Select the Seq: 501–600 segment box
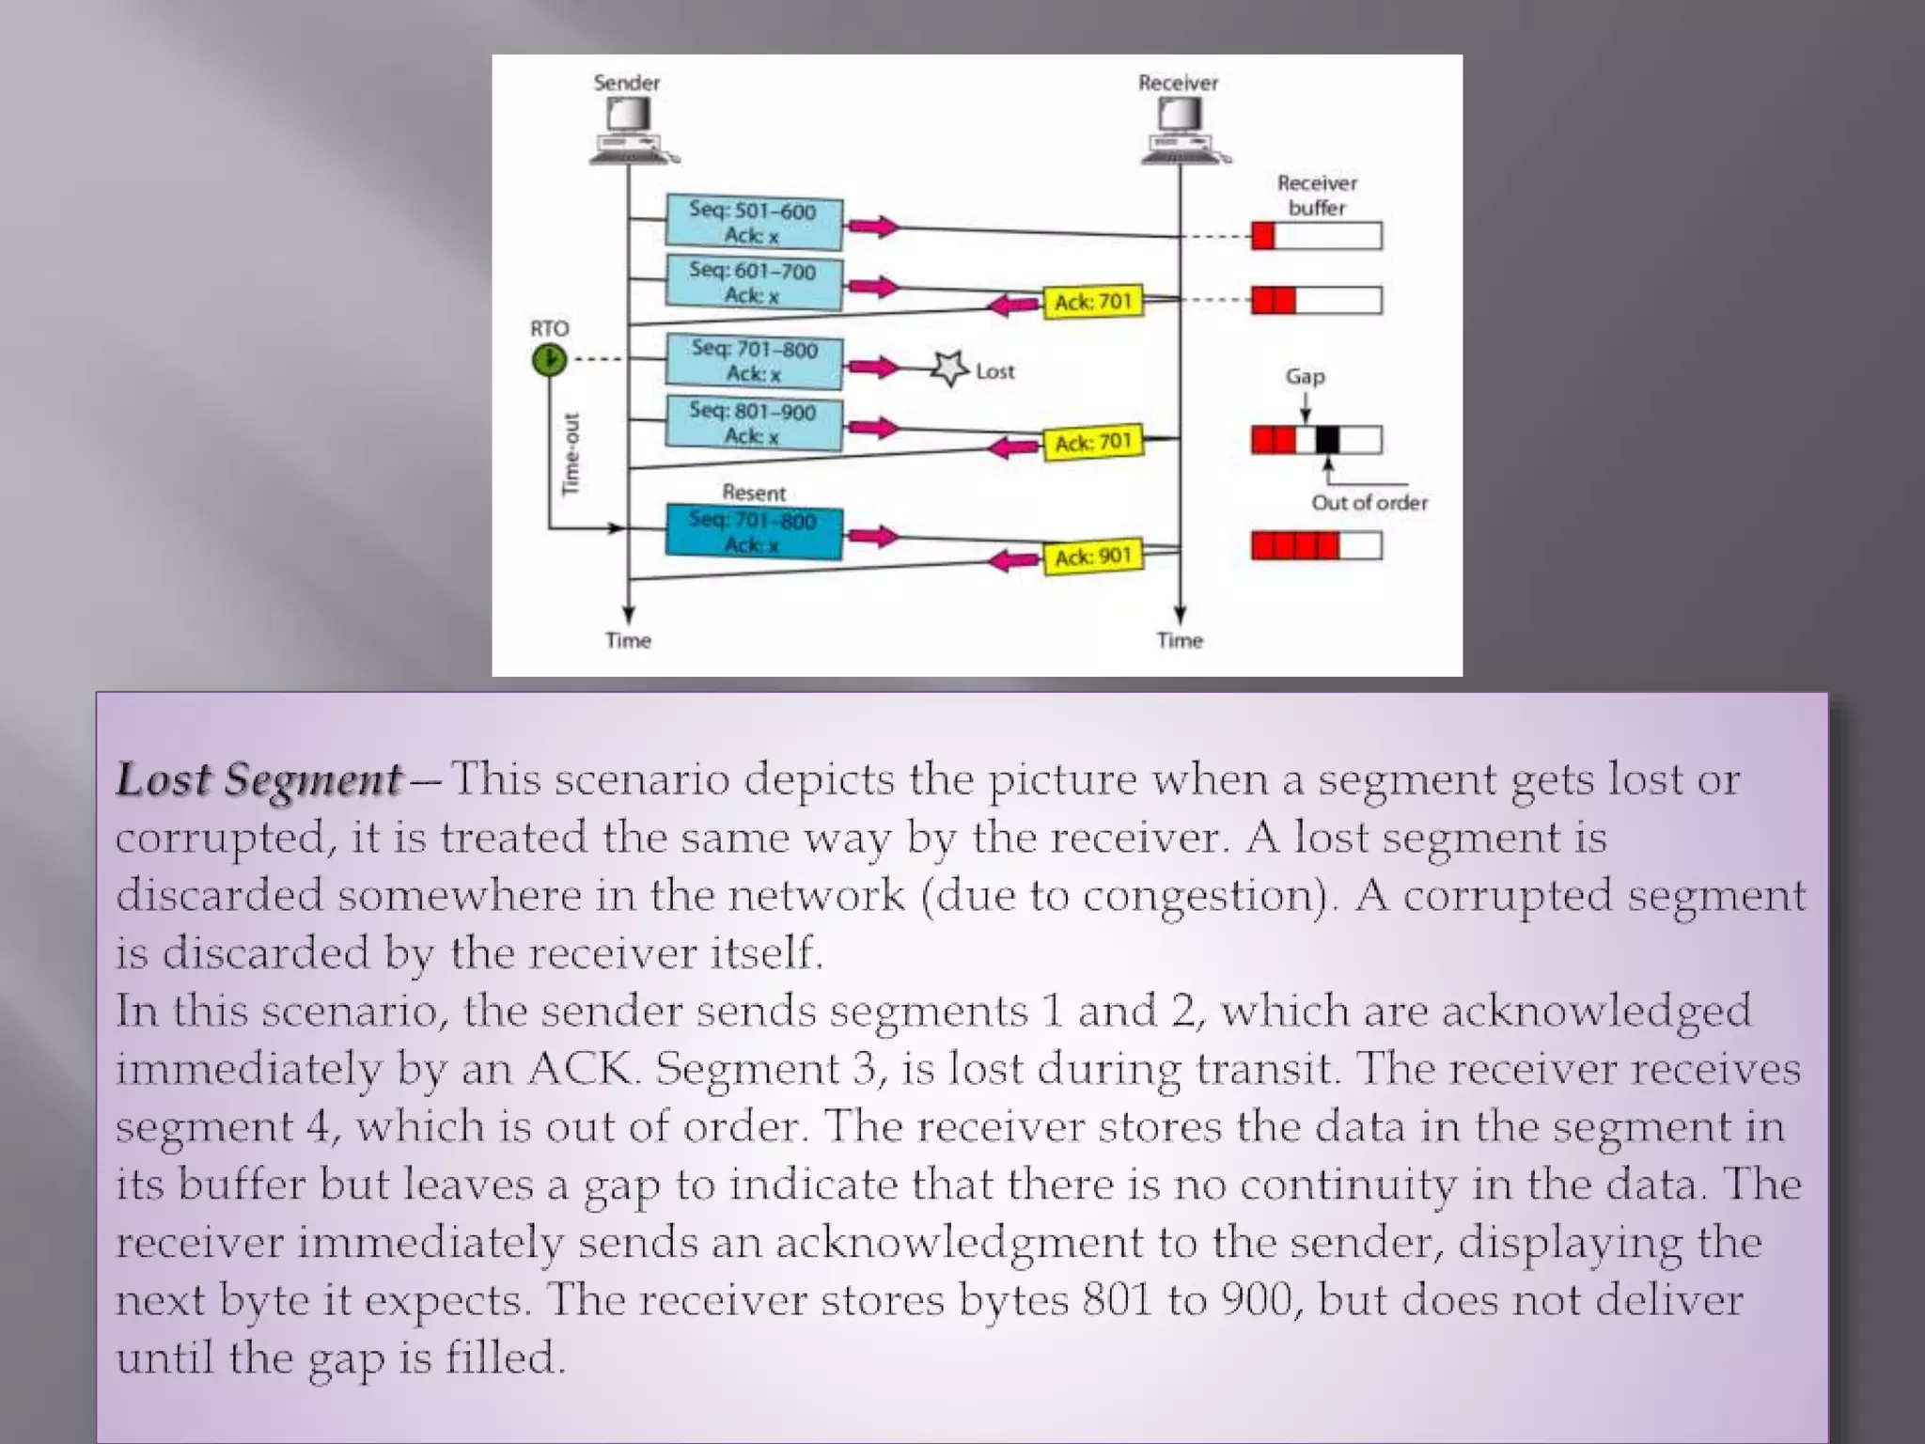coord(753,223)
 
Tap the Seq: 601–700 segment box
coord(753,282)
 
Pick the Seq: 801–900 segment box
coord(753,423)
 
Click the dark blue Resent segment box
coord(753,532)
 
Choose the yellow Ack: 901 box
coord(1092,557)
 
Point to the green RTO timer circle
coord(550,359)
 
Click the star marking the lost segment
coord(949,369)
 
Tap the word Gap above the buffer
coord(1305,377)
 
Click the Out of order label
coord(1369,503)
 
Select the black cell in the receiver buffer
coord(1326,439)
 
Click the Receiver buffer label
coord(1317,196)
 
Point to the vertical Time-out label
coord(571,454)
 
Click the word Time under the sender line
coord(628,641)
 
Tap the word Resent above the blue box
coord(754,493)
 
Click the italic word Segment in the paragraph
coord(313,780)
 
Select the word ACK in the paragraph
coord(580,1069)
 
